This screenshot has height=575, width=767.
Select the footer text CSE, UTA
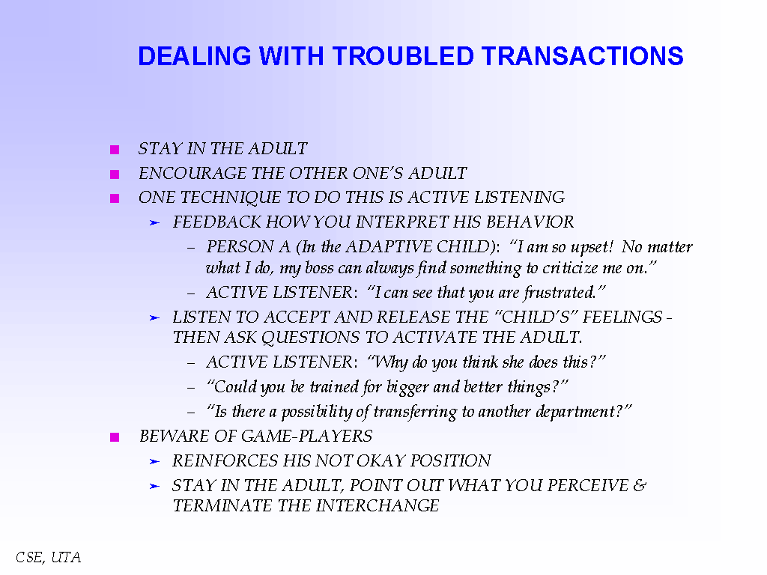pyautogui.click(x=49, y=557)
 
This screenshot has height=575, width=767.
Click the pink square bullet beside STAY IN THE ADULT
pyautogui.click(x=115, y=150)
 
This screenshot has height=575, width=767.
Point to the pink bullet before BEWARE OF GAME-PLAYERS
pyautogui.click(x=115, y=437)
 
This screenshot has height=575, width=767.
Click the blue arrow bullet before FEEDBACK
pyautogui.click(x=154, y=223)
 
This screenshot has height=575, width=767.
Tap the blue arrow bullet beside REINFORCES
pyautogui.click(x=154, y=461)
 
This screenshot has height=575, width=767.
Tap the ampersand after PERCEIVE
pyautogui.click(x=640, y=485)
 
